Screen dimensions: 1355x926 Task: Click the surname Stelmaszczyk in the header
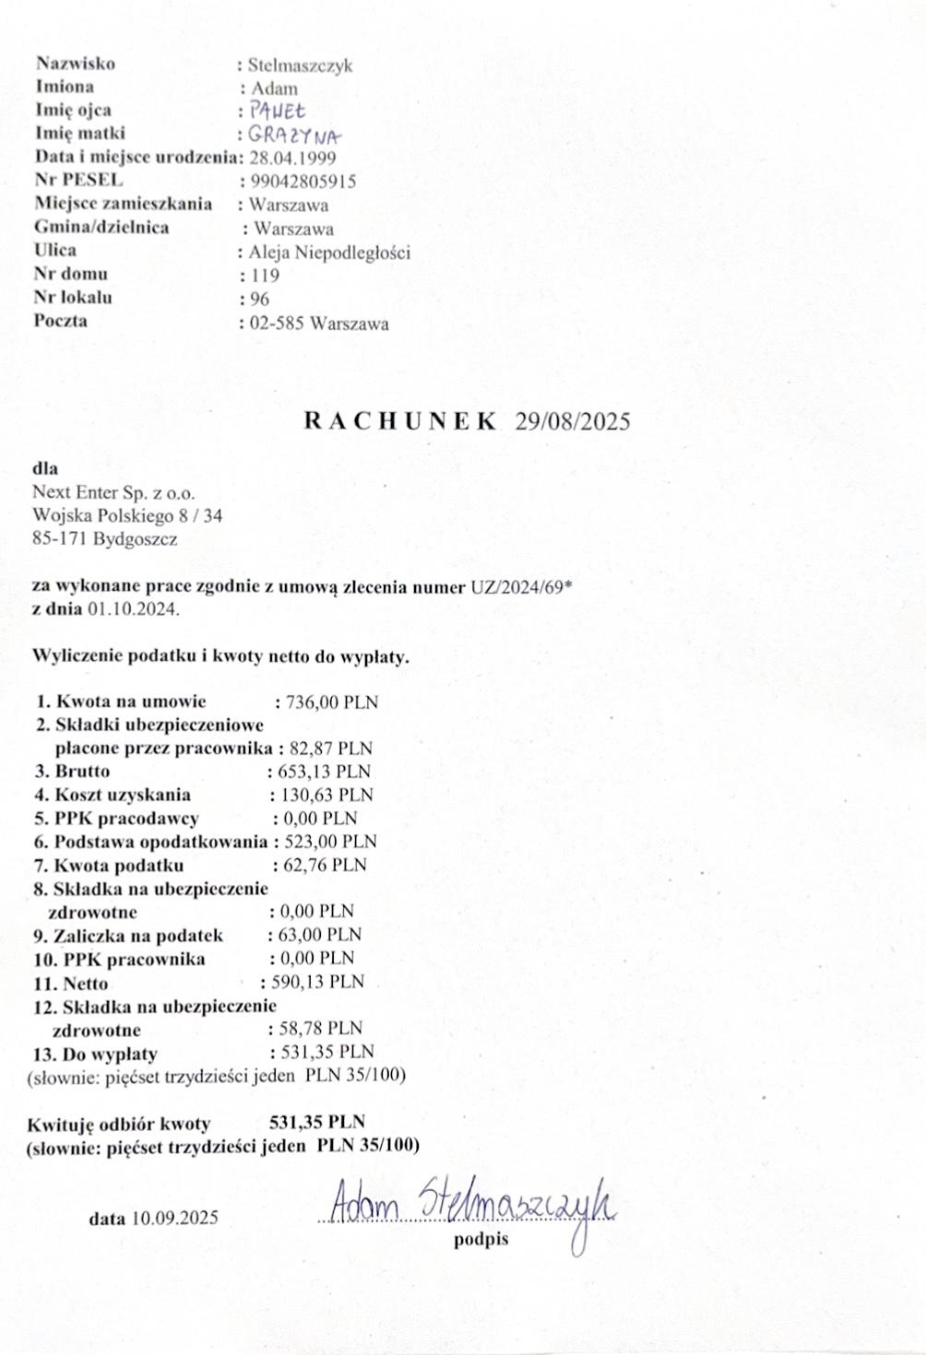300,65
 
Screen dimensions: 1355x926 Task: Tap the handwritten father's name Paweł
271,112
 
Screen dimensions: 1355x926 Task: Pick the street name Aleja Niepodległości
329,253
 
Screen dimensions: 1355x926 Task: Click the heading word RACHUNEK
399,421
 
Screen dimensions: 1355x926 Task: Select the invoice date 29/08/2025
573,421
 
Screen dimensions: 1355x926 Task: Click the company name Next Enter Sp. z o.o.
113,493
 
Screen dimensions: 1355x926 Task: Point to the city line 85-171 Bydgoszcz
105,539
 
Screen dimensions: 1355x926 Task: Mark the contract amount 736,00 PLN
332,702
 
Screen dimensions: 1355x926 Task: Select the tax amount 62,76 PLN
324,865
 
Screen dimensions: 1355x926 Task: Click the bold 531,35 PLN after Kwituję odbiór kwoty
316,1122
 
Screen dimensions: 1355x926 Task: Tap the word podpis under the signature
481,1240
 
